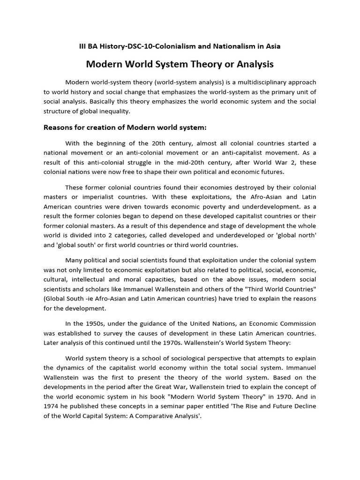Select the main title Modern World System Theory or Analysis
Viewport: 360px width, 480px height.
coord(180,63)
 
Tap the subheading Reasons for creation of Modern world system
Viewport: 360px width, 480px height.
coord(125,127)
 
